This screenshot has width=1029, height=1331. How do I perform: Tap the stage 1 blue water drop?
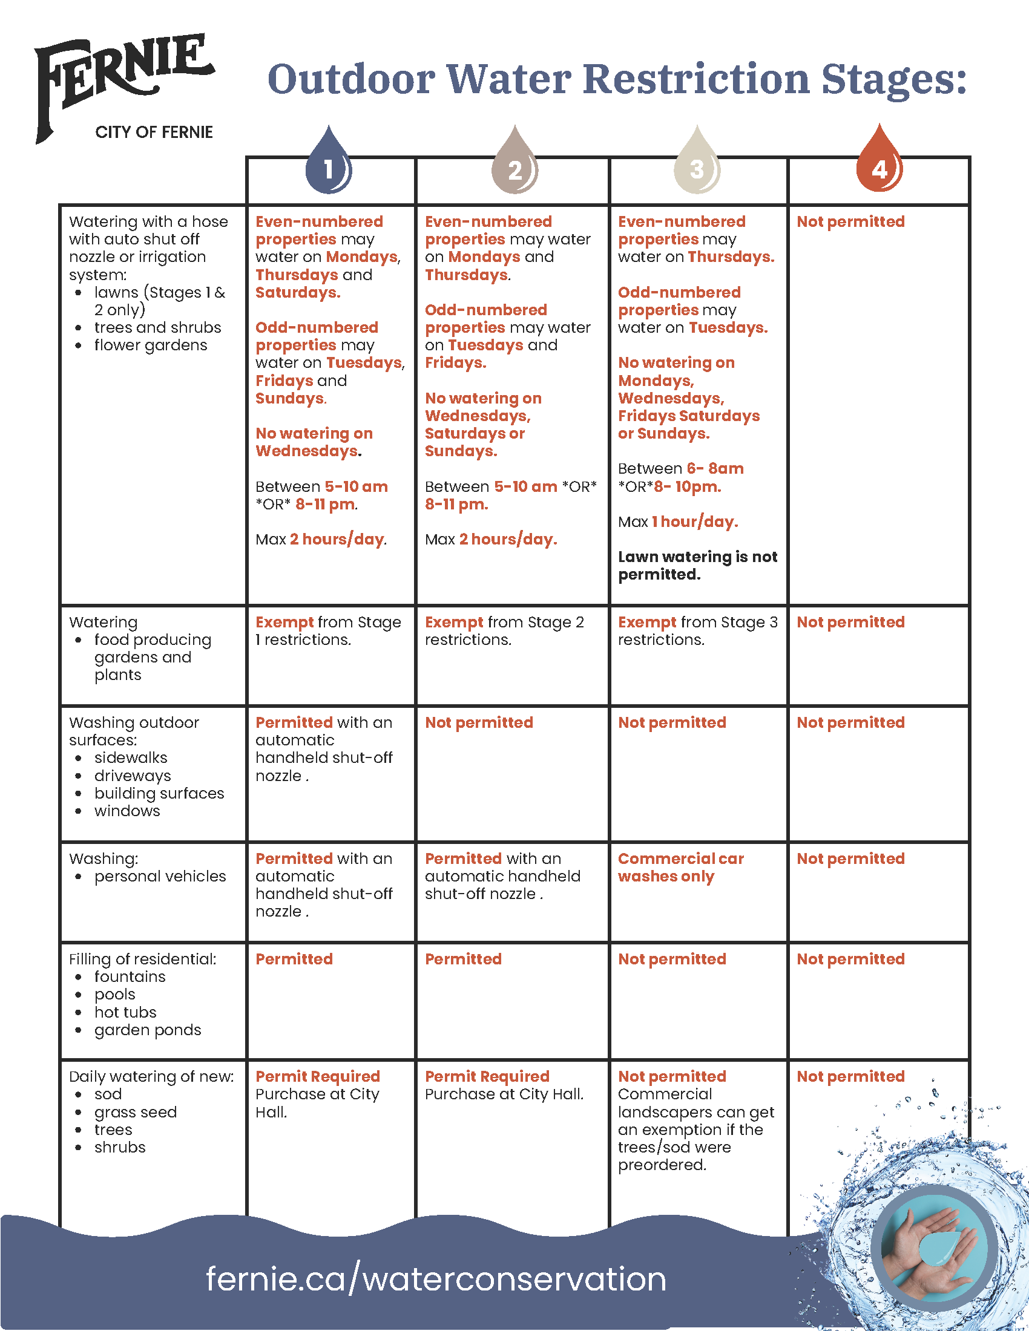tap(329, 163)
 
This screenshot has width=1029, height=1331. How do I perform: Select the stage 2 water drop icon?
tap(515, 163)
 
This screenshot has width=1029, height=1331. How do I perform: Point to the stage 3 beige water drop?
tap(697, 163)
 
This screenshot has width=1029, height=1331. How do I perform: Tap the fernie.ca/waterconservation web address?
tap(436, 1278)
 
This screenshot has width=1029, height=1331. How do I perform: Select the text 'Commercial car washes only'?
tap(680, 867)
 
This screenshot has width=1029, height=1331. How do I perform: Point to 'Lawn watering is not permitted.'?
tap(697, 566)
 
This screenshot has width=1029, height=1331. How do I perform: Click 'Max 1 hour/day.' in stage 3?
tap(677, 522)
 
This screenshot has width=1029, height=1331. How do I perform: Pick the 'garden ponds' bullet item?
tap(148, 1030)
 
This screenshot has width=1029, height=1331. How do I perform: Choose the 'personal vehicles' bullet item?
tap(160, 877)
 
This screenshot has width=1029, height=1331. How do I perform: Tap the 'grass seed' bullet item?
tap(136, 1112)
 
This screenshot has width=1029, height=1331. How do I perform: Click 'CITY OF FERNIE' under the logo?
tap(154, 132)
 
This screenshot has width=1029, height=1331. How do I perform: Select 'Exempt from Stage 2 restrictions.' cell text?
tap(504, 631)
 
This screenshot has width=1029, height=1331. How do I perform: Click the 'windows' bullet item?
tap(127, 811)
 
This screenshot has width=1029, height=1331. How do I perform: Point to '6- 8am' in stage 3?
tap(715, 469)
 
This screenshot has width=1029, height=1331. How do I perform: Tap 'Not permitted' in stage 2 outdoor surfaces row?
tap(479, 723)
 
